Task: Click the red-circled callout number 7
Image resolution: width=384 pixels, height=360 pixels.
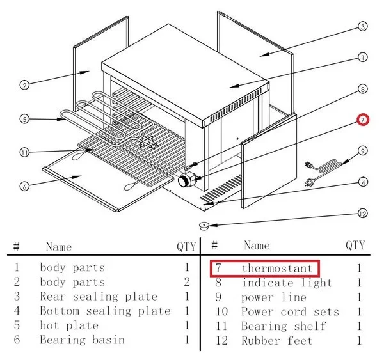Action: [362, 120]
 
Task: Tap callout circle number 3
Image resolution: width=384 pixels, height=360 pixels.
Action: [362, 27]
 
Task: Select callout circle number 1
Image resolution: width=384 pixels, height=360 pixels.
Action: [362, 57]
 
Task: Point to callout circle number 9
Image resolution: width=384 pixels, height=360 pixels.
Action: [362, 151]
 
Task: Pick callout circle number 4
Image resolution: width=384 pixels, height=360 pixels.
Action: [363, 182]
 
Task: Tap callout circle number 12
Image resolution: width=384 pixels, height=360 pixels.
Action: [363, 213]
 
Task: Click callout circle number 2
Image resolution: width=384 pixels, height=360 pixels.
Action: [24, 85]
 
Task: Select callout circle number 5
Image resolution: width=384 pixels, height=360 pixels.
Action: [24, 118]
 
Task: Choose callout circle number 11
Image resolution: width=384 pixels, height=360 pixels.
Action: [24, 152]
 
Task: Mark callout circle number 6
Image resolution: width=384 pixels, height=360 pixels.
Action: [24, 186]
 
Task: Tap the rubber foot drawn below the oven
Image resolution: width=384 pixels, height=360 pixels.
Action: [204, 225]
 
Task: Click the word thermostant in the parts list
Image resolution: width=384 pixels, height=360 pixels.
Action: [277, 268]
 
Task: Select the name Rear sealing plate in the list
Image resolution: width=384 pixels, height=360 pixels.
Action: [99, 297]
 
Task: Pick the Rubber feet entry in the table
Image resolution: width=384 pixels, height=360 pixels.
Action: [276, 340]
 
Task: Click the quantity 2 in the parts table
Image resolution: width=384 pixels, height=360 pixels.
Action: [186, 282]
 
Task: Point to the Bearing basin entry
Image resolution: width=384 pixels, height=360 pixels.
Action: [82, 340]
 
